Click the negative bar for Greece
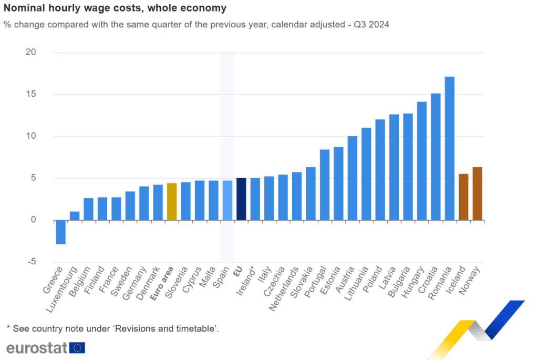point(60,232)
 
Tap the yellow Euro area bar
point(171,201)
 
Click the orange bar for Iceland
point(463,197)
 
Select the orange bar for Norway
point(477,193)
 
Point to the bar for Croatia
point(436,157)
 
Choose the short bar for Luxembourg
point(75,215)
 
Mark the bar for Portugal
point(324,184)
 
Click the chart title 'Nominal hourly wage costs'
point(115,8)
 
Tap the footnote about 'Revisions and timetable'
point(112,328)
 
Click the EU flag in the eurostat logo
point(77,347)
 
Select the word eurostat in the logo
point(36,347)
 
